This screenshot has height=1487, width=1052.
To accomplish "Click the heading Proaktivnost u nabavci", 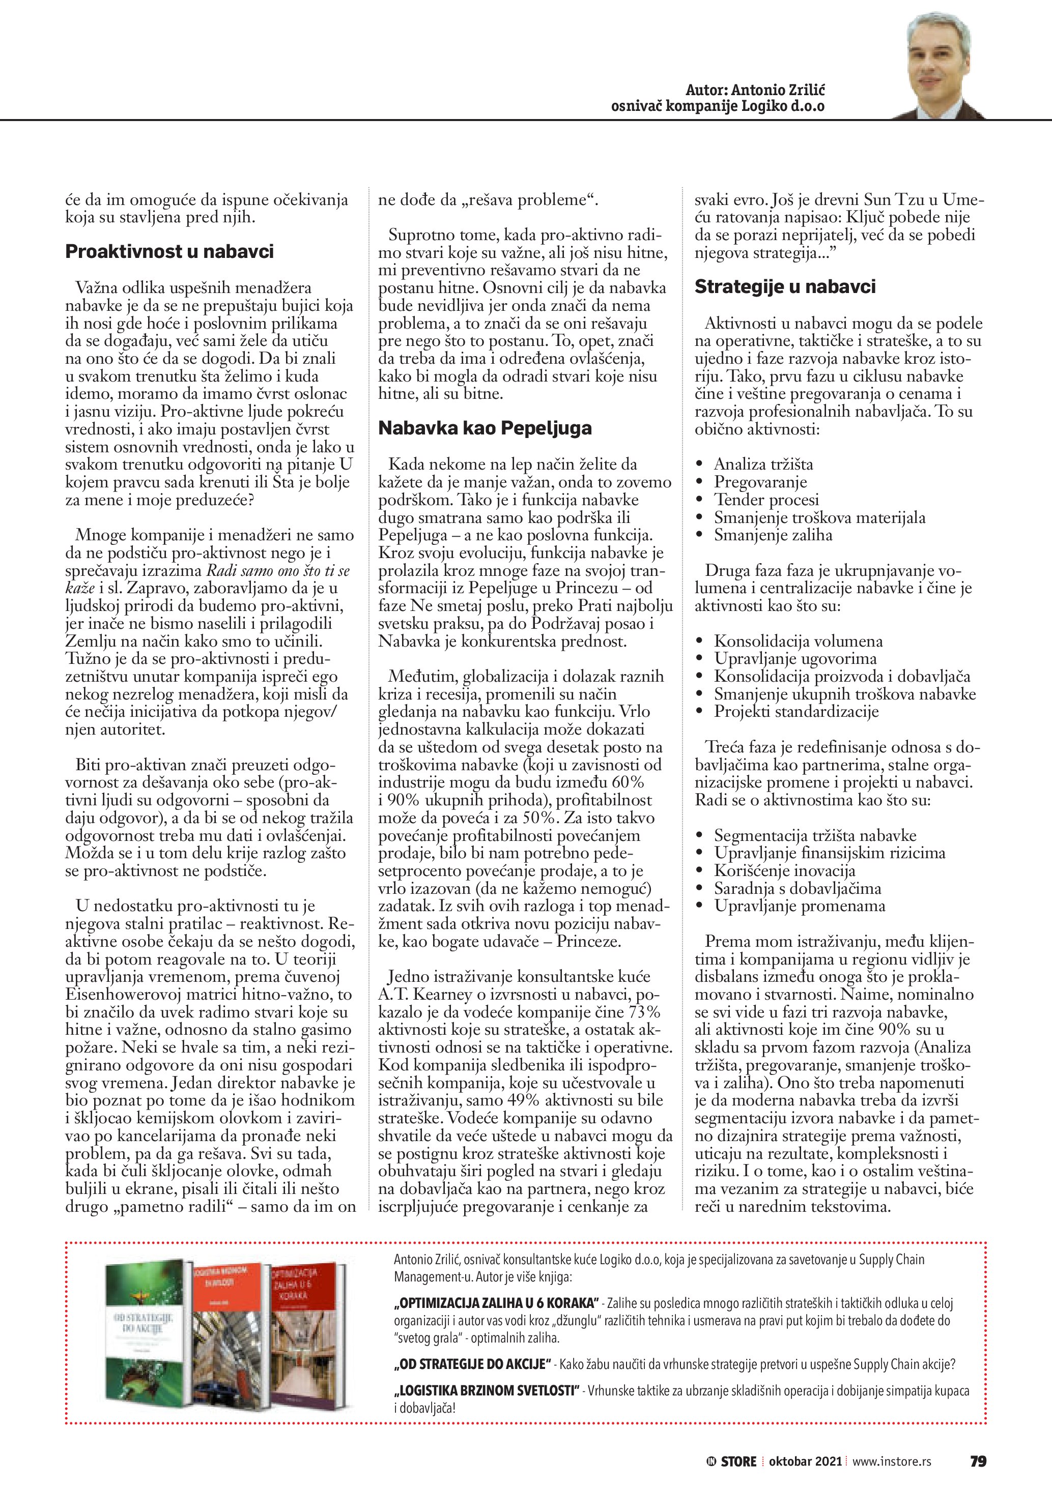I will [169, 252].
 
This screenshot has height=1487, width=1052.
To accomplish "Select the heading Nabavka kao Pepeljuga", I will [485, 428].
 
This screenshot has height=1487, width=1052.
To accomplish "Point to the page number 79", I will [978, 1461].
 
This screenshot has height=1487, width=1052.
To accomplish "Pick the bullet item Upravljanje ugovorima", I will [795, 659].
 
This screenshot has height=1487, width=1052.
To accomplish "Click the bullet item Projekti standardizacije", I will [796, 712].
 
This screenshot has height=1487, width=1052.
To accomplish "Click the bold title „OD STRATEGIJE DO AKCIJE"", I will [472, 1364].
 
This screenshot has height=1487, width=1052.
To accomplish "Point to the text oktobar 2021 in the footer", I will [805, 1461].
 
